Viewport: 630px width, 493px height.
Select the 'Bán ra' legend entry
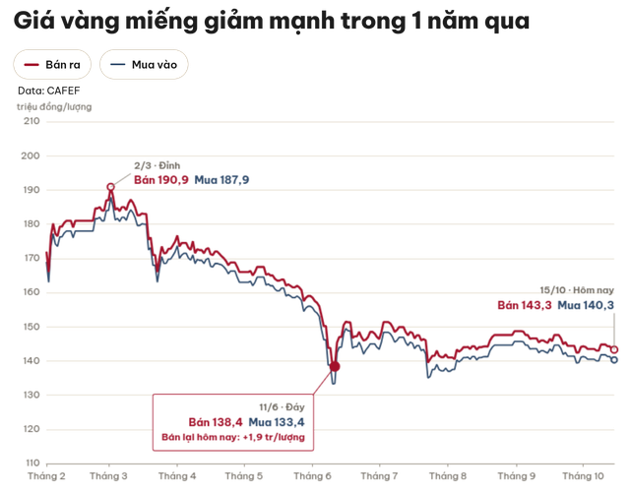pyautogui.click(x=52, y=64)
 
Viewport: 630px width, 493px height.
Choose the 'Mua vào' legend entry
pyautogui.click(x=144, y=64)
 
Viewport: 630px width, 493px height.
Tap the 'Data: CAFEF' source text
pyautogui.click(x=48, y=91)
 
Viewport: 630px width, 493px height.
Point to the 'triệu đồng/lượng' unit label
pyautogui.click(x=54, y=107)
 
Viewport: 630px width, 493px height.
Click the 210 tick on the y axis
pyautogui.click(x=31, y=121)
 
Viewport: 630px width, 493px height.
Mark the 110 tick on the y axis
pyautogui.click(x=32, y=462)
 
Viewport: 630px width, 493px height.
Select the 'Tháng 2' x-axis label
pyautogui.click(x=46, y=476)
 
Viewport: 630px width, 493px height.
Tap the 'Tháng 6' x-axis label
pyautogui.click(x=312, y=476)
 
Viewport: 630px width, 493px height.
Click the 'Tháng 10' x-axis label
pyautogui.click(x=583, y=476)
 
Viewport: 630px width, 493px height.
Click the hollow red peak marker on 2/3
pyautogui.click(x=111, y=187)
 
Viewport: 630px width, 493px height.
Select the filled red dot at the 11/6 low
pyautogui.click(x=335, y=366)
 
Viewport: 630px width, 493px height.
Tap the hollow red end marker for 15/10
pyautogui.click(x=614, y=349)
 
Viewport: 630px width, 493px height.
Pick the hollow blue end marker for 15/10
pyautogui.click(x=614, y=360)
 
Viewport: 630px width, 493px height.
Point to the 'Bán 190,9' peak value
pyautogui.click(x=161, y=180)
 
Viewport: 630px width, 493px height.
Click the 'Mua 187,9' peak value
pyautogui.click(x=221, y=180)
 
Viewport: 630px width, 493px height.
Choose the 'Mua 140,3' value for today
pyautogui.click(x=586, y=305)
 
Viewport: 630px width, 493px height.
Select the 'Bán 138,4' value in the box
pyautogui.click(x=216, y=422)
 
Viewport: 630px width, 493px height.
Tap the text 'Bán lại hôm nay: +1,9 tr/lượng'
pyautogui.click(x=233, y=437)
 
